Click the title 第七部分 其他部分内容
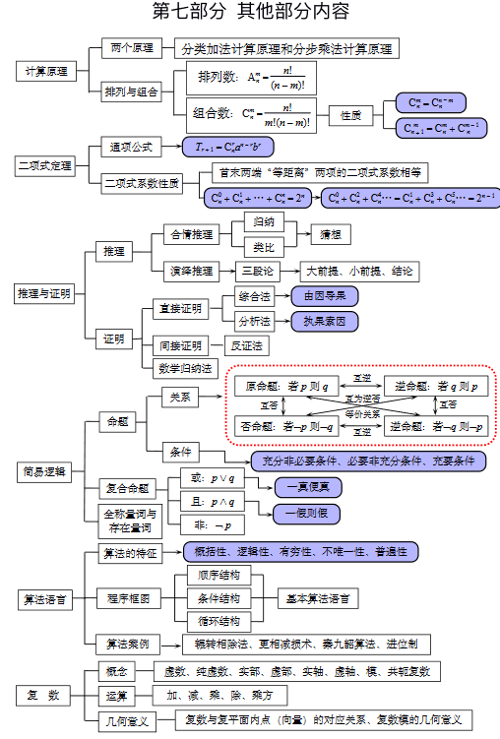click(x=250, y=13)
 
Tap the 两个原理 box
click(x=132, y=47)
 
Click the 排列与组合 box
click(x=132, y=92)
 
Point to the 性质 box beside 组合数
click(x=351, y=115)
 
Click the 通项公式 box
click(x=132, y=147)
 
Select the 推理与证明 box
click(x=44, y=294)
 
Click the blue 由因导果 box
click(x=325, y=295)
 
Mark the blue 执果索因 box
click(x=325, y=321)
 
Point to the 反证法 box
click(x=245, y=345)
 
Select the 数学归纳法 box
click(x=185, y=369)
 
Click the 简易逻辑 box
click(x=44, y=471)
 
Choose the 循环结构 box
click(x=219, y=621)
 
